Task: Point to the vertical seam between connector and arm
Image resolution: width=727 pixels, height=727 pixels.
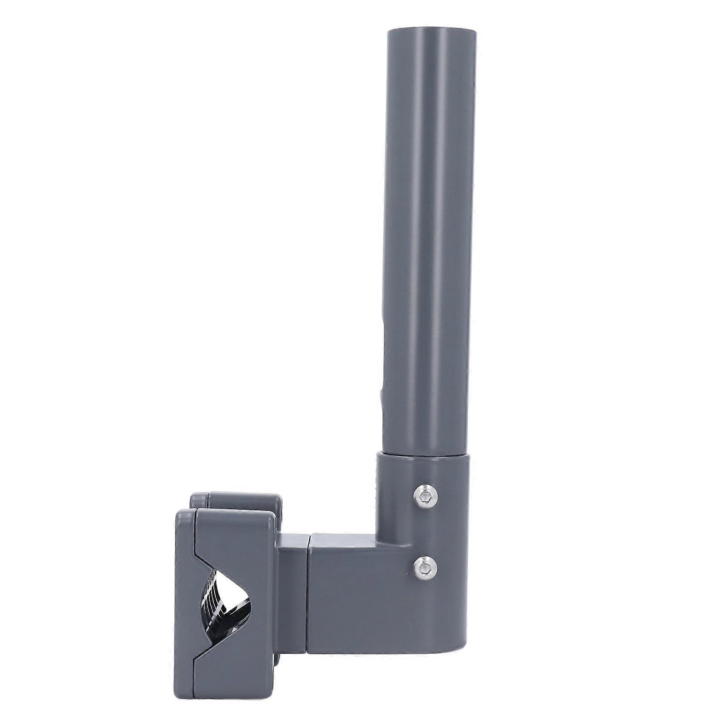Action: click(310, 586)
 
